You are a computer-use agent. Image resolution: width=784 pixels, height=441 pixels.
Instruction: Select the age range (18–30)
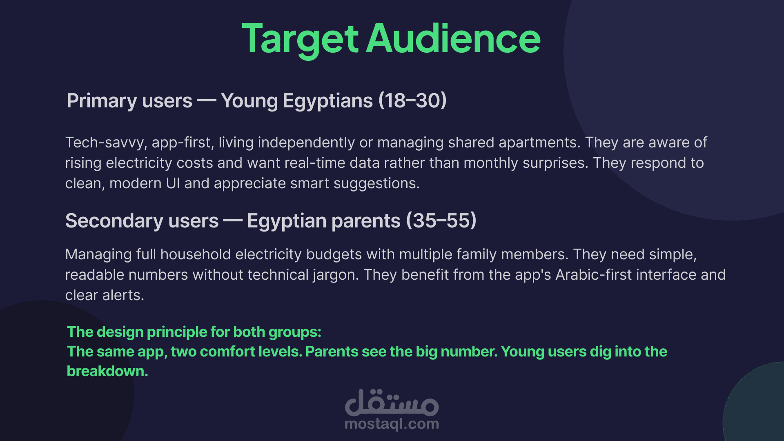[412, 100]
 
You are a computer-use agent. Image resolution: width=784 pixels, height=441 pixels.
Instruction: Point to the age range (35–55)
[441, 220]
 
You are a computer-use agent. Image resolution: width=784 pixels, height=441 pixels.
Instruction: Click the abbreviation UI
[173, 183]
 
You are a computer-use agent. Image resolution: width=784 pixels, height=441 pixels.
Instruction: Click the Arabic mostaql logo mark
[392, 403]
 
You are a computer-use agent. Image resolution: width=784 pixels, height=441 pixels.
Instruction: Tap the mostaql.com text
[392, 424]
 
